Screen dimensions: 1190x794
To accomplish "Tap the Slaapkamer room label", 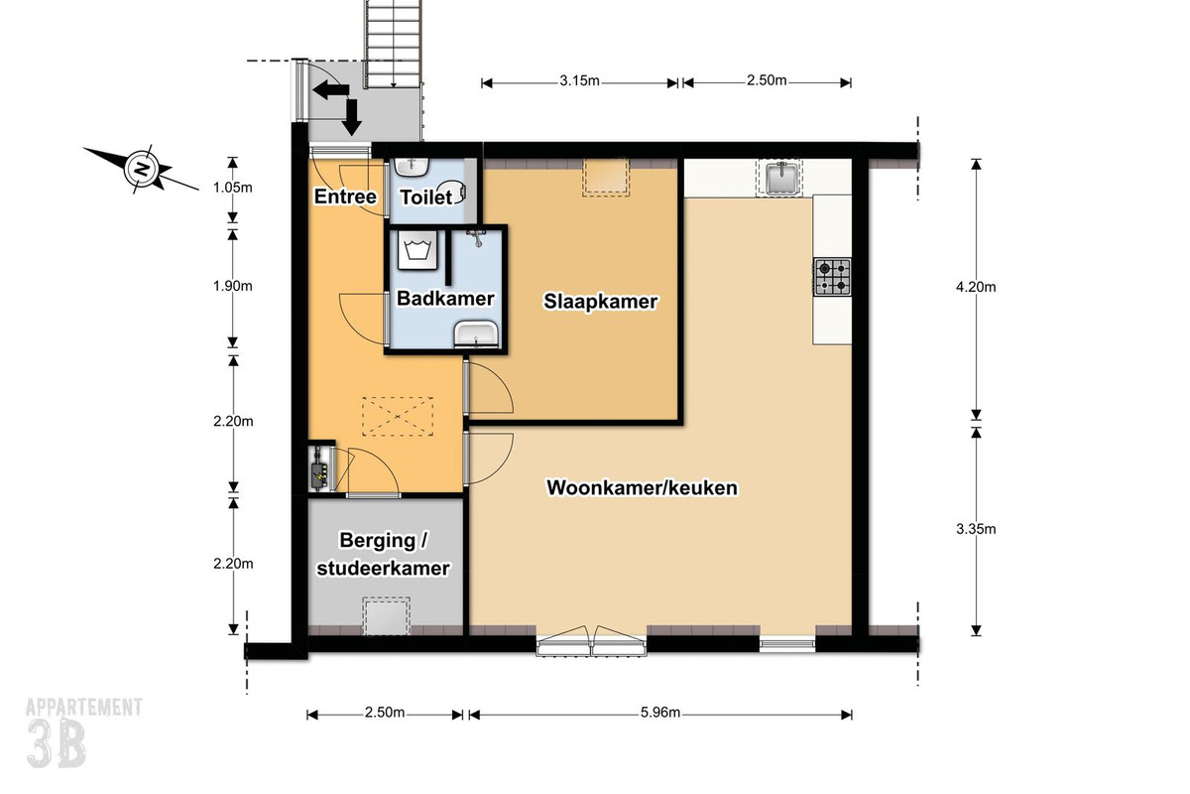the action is (600, 302).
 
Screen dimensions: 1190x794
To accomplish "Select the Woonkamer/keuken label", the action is (643, 487).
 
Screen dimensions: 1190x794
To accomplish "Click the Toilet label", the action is (426, 198).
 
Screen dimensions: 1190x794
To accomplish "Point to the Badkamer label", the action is (445, 299).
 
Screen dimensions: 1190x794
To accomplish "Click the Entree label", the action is (345, 197).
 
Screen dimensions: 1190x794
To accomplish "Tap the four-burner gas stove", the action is (832, 277).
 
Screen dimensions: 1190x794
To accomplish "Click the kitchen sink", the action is (780, 178).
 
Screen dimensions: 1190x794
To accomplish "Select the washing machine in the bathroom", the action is (417, 250).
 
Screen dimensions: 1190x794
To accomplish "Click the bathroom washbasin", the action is (476, 334).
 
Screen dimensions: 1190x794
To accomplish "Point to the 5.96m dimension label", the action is (659, 712).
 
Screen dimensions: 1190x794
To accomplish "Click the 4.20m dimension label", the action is (976, 287).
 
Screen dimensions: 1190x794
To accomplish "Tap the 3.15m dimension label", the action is (579, 80).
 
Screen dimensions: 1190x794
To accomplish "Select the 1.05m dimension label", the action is (233, 188).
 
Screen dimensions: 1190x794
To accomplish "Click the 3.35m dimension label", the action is (976, 529).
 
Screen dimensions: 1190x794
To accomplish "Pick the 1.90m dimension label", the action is (233, 286).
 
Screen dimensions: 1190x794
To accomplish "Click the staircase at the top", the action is (393, 44).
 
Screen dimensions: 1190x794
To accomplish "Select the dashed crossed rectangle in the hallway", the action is (398, 417).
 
